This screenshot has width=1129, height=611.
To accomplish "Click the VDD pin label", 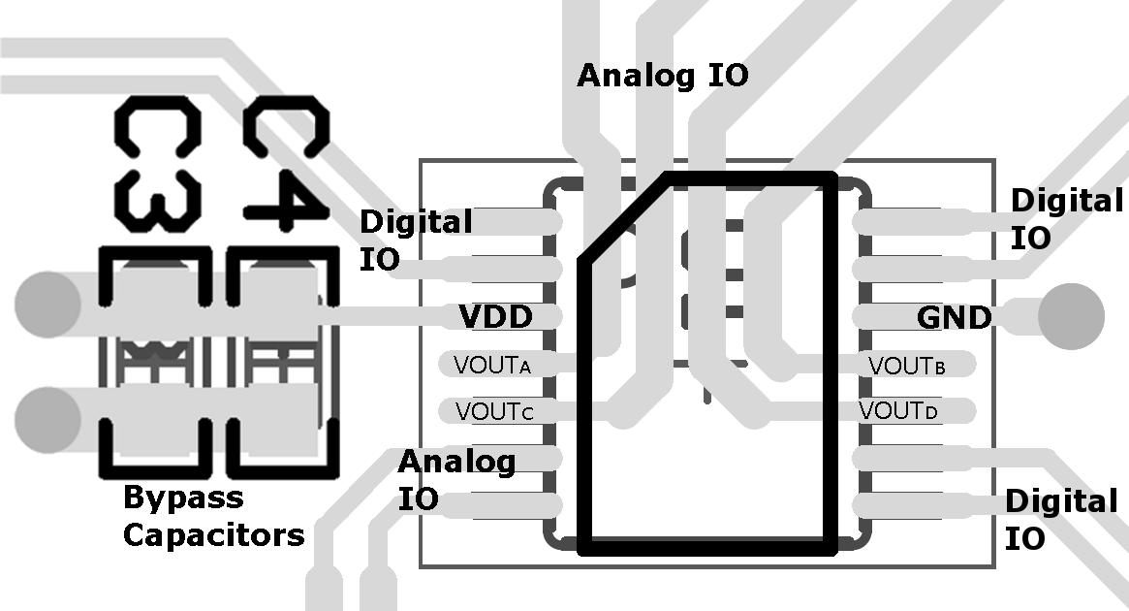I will point(496,316).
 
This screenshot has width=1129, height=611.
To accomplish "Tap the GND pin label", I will point(955,317).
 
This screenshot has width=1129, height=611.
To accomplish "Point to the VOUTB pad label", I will point(907,366).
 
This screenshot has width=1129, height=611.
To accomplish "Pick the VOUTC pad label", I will point(494,411).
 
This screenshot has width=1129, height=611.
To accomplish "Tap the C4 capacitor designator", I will point(284,165).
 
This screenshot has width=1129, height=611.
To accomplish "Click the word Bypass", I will point(183,498).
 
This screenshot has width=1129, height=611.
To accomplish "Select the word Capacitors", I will point(213,534).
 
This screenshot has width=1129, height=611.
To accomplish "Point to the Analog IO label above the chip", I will point(663,76).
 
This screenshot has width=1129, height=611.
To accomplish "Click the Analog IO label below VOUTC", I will point(455,480).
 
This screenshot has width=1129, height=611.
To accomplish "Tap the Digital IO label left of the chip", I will point(415,241).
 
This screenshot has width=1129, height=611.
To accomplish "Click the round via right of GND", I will point(1071,316).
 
